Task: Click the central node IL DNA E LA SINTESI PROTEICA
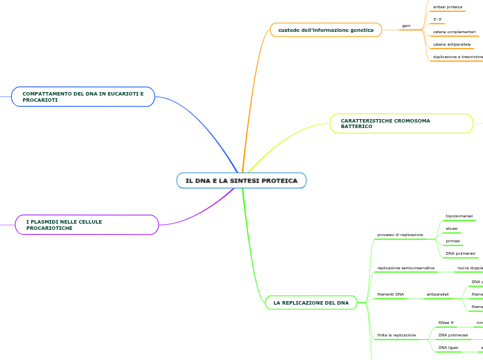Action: [241, 181]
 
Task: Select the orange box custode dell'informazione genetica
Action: [326, 30]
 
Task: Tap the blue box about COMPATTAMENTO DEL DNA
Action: [83, 96]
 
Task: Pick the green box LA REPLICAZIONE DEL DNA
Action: [311, 303]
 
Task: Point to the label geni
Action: [406, 26]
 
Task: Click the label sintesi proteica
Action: [448, 7]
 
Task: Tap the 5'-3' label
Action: [437, 19]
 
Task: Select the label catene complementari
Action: [455, 32]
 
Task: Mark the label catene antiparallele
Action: [452, 44]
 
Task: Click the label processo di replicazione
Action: [400, 235]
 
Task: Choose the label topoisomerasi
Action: [459, 216]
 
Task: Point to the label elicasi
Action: [451, 228]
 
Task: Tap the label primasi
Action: [453, 241]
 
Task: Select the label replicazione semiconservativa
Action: [405, 267]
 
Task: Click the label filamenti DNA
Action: [390, 294]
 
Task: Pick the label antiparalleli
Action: [437, 294]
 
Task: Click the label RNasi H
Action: [446, 323]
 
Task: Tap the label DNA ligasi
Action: [448, 348]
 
